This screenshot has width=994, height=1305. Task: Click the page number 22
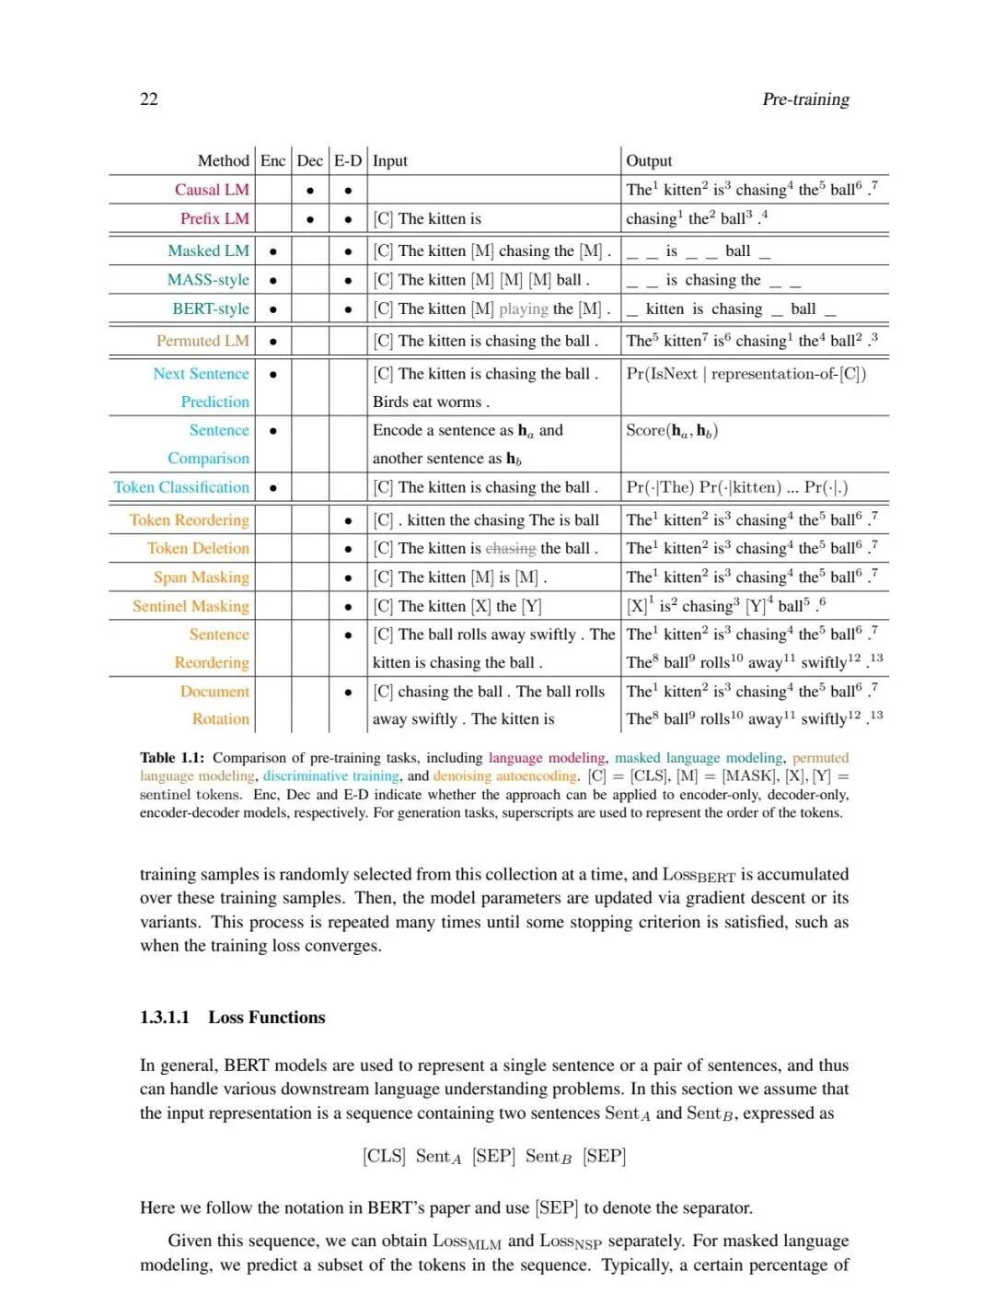tap(149, 99)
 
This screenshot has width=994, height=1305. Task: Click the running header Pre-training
tap(805, 99)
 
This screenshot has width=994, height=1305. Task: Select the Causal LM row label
tap(212, 190)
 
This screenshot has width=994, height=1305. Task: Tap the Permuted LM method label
tap(202, 341)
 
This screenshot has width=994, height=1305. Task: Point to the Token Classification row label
tap(181, 487)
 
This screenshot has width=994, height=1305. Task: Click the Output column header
tap(649, 161)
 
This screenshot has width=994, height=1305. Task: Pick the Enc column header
tap(272, 161)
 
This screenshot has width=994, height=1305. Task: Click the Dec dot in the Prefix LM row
tap(310, 219)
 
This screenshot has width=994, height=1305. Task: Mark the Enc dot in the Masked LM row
tap(273, 251)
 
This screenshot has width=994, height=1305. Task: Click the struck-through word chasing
tap(511, 549)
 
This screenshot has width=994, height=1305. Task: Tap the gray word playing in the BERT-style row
tap(524, 309)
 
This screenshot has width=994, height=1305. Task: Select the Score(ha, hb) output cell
tap(672, 430)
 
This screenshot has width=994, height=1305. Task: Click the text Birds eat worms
tap(431, 402)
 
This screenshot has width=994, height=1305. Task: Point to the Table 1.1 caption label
tap(172, 758)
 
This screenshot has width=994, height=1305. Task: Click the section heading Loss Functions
tap(267, 1018)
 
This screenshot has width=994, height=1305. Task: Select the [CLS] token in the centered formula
tap(384, 1157)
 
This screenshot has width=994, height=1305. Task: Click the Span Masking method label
tap(202, 577)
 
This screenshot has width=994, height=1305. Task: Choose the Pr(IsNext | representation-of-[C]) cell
tap(745, 374)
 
